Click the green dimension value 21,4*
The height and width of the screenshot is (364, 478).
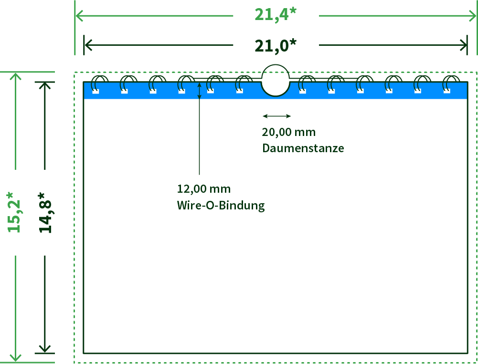[x=275, y=15]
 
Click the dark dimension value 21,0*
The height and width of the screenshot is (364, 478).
[x=275, y=46]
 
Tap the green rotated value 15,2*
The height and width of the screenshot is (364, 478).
[x=14, y=212]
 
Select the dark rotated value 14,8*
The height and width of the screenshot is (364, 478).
[x=45, y=213]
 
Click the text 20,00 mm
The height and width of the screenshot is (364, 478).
[x=289, y=132]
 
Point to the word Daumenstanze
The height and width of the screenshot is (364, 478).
[x=303, y=148]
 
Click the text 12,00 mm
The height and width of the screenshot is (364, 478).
[x=203, y=189]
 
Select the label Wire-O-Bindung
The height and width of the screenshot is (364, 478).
[x=221, y=205]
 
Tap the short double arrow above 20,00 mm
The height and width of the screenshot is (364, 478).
[x=277, y=116]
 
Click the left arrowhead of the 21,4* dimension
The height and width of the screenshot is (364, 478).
[x=79, y=16]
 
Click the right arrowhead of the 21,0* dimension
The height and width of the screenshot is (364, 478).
[x=463, y=45]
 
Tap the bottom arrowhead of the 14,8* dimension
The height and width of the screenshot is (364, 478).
[x=45, y=349]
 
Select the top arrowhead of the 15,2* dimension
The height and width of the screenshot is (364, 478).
[x=16, y=76]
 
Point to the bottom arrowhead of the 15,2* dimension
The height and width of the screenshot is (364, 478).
[x=16, y=358]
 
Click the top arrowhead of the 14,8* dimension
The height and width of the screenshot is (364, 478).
[x=45, y=86]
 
